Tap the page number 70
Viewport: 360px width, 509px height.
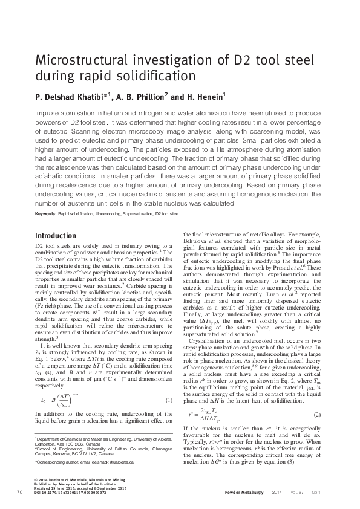(x=19, y=493)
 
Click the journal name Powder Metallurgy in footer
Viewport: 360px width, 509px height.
(x=244, y=493)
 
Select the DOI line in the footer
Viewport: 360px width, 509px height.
(x=70, y=493)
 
